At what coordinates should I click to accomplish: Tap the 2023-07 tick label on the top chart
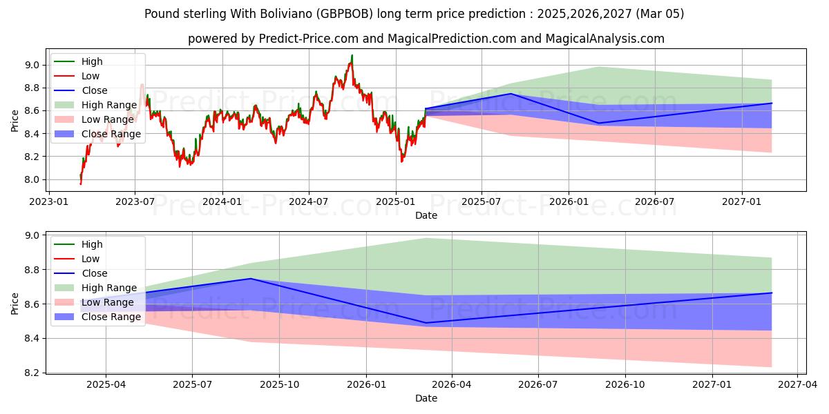pos(135,202)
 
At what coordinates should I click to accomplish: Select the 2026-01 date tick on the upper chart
pos(569,202)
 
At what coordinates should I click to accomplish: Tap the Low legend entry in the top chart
pos(90,76)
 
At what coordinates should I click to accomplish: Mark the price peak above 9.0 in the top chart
pos(352,55)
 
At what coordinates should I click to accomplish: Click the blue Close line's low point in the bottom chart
pos(426,323)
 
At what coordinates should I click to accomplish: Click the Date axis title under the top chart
pos(426,215)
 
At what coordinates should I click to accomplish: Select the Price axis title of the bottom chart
pos(15,303)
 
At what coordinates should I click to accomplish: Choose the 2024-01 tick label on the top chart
pos(222,202)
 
